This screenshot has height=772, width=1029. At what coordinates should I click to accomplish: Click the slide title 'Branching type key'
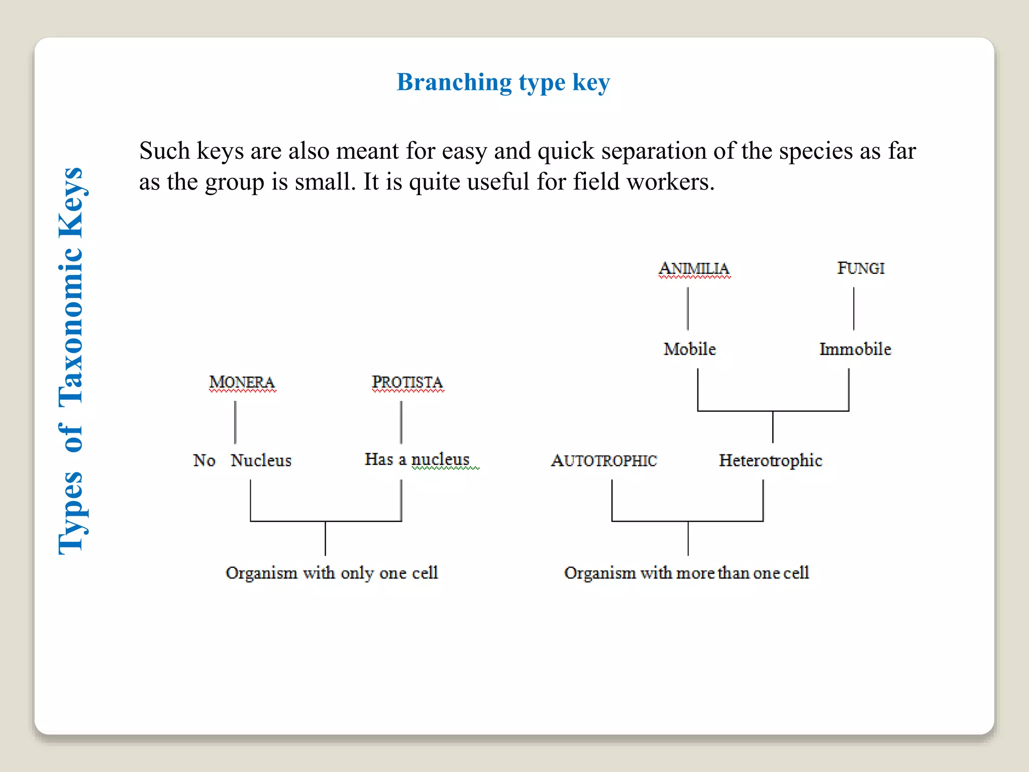503,82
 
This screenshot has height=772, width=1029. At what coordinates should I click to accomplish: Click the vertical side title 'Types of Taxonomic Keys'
71,361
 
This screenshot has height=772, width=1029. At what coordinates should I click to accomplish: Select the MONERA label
242,382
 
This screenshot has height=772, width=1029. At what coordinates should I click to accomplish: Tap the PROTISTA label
407,382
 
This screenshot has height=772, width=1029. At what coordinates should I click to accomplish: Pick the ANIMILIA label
694,269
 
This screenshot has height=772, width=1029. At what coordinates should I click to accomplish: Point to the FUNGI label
861,268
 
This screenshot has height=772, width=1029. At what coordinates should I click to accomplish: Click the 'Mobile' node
689,349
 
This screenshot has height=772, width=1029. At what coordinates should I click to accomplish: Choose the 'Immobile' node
855,349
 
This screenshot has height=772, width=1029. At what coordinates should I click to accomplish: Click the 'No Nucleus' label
242,460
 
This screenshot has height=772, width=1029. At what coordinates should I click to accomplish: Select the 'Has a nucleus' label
417,459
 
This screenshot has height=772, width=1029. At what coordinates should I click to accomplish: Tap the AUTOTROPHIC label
604,460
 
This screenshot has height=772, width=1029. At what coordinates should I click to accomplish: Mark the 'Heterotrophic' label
770,460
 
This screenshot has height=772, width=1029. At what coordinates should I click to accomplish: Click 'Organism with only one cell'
332,573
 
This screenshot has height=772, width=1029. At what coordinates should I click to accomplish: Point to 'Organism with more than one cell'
686,573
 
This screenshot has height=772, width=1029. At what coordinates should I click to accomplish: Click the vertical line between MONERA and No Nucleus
235,422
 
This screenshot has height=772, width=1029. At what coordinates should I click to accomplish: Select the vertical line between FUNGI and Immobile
854,309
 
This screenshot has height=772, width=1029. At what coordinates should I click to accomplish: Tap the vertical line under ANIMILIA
688,309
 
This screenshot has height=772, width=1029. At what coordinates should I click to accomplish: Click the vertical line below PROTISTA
401,422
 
